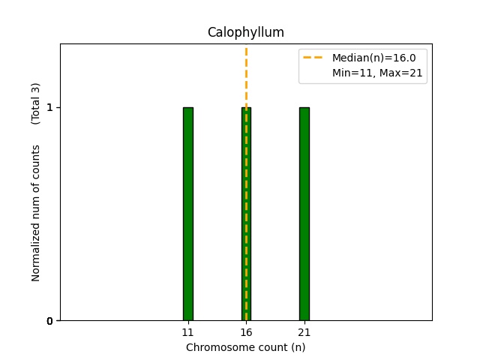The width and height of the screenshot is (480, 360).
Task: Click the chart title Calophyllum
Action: pos(245,32)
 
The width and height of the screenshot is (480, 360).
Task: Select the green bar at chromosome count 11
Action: pos(188,214)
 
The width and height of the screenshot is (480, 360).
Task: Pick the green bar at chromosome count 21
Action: pos(304,214)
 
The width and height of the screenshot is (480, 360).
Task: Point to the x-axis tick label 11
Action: pos(188,332)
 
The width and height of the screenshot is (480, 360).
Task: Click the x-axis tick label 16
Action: pos(246,332)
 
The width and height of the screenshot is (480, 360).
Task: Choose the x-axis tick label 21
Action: pos(304,332)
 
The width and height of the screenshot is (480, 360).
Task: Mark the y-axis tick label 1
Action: pos(50,107)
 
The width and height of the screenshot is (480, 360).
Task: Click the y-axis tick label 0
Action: pos(50,321)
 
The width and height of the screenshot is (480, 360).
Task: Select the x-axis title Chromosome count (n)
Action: pos(245,347)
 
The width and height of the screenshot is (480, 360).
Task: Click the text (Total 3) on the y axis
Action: pos(36,103)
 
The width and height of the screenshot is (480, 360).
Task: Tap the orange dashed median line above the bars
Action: pos(246,75)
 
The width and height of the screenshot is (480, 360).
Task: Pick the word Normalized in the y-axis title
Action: pos(36,254)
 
